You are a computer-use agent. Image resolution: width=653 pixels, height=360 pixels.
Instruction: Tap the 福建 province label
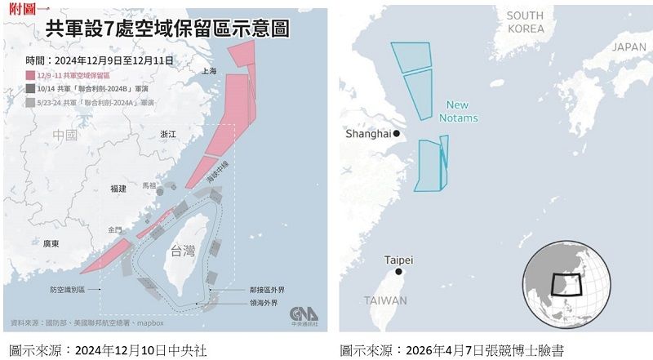coord(118,189)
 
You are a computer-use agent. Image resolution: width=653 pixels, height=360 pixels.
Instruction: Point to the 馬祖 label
coord(149,185)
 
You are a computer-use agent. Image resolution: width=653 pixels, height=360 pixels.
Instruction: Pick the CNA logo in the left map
coord(304,314)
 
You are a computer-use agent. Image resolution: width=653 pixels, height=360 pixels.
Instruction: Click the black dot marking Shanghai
coord(397,133)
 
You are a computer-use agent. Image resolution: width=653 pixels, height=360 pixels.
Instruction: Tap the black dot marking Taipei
coord(398,272)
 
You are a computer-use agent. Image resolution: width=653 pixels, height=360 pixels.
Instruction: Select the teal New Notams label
coord(458,111)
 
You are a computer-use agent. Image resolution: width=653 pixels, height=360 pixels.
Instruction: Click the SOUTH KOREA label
coord(525,22)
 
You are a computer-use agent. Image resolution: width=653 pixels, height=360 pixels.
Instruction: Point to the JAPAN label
coord(629,47)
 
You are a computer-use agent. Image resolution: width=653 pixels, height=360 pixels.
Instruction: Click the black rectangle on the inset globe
coord(567,285)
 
